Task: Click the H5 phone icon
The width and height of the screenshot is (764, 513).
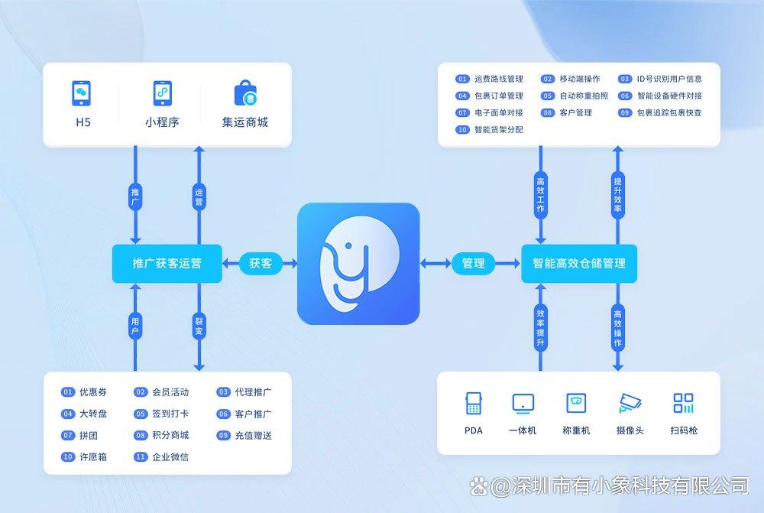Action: pyautogui.click(x=82, y=93)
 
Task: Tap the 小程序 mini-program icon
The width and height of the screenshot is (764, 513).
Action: pyautogui.click(x=162, y=93)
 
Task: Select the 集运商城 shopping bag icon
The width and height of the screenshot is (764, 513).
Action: pyautogui.click(x=245, y=93)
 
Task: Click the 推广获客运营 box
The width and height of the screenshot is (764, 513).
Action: pyautogui.click(x=167, y=263)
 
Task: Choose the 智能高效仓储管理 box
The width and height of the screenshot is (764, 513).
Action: pyautogui.click(x=579, y=263)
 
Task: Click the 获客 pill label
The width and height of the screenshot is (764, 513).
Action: pyautogui.click(x=261, y=263)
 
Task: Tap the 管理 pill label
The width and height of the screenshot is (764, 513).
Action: pyautogui.click(x=473, y=263)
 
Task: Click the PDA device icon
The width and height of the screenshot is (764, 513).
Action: pyautogui.click(x=473, y=403)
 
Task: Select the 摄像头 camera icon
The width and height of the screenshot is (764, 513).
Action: pyautogui.click(x=630, y=403)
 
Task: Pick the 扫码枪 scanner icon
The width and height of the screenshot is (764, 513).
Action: pyautogui.click(x=683, y=403)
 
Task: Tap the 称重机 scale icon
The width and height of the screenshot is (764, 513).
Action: pyautogui.click(x=576, y=403)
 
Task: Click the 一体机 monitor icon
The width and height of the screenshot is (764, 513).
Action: pyautogui.click(x=523, y=404)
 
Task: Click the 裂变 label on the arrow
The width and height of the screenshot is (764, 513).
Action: pyautogui.click(x=199, y=326)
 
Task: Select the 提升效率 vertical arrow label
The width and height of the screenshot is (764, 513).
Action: pyautogui.click(x=618, y=194)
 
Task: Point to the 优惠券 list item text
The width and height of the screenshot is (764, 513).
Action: pyautogui.click(x=93, y=392)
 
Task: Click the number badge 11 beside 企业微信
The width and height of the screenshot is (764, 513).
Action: pyautogui.click(x=141, y=457)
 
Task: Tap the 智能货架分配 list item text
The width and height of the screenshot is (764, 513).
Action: pyautogui.click(x=499, y=130)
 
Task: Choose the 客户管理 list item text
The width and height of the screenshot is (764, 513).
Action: pyautogui.click(x=576, y=112)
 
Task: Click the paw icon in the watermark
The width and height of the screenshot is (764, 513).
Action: pyautogui.click(x=479, y=485)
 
